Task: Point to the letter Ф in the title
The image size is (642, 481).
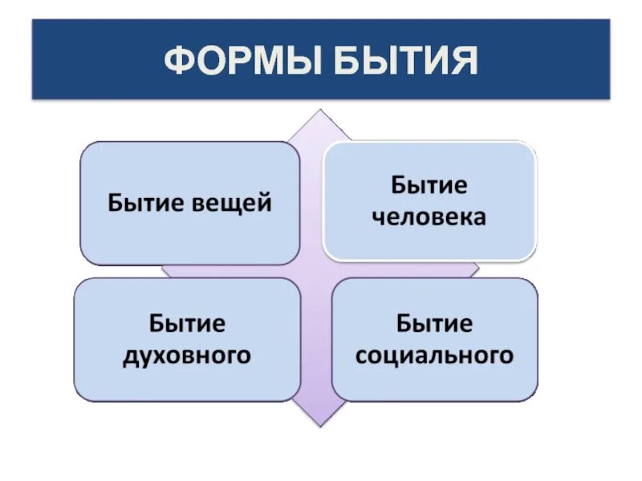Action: point(179,62)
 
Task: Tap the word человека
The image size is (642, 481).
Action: point(429,217)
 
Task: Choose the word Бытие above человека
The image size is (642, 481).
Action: point(429,187)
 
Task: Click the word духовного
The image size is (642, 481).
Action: point(187,355)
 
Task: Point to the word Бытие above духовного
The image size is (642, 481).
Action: point(187,325)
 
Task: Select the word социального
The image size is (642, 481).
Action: point(434,355)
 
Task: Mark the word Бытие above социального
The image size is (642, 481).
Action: point(434,325)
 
